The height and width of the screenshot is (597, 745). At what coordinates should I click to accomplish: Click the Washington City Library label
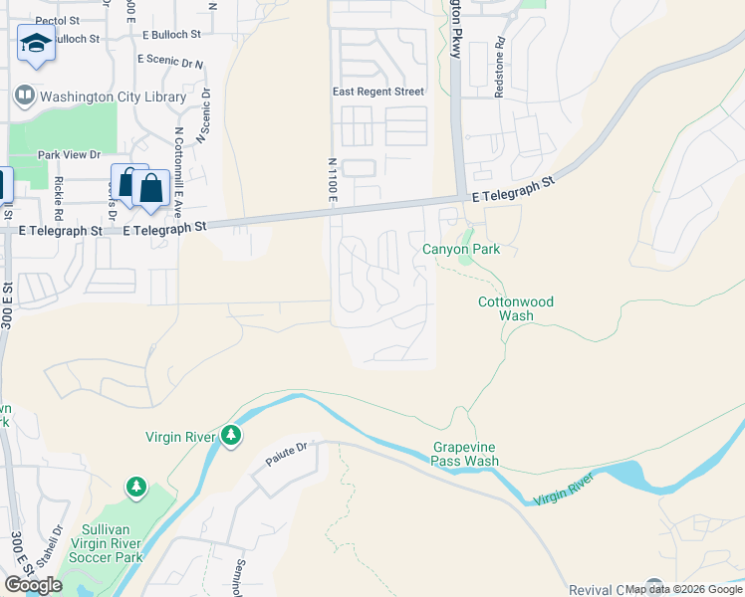coord(113,98)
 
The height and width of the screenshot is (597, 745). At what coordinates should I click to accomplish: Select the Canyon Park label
coord(460,249)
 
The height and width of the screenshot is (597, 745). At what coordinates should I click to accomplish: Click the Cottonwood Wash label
coord(515,308)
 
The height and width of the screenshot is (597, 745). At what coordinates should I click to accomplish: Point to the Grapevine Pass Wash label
coord(465,454)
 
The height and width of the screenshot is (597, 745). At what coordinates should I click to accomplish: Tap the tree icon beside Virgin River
coord(231,435)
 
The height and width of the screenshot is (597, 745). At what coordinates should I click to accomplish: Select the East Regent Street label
coord(377,92)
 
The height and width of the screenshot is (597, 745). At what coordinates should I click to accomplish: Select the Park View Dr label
coord(70,154)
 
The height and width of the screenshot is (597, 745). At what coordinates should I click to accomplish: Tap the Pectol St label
coord(56,20)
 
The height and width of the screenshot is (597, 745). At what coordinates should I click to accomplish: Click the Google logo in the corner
coord(32,584)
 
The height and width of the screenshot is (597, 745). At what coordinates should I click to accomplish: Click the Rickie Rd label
coord(59,198)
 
